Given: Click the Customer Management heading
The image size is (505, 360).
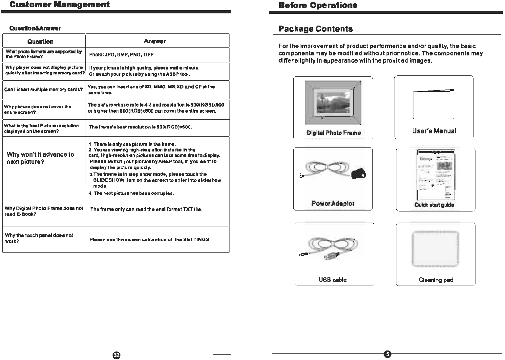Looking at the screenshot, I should pos(59,5).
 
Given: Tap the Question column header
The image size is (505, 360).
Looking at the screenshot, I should pos(40,42).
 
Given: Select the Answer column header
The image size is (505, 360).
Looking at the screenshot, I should pos(155,41).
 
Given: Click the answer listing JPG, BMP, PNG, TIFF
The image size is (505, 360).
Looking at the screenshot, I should pos(121,55).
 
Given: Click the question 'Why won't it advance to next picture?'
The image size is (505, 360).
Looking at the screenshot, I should pos(40,158).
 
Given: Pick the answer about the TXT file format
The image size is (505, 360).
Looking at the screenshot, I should pos(146,210).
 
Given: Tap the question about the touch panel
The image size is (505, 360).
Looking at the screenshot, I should pos(39,238).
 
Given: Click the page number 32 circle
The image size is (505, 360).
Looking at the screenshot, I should pos(116,355).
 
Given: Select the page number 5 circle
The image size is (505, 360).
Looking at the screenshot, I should pos(387,354).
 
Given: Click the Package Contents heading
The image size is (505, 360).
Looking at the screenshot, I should pos(316,29).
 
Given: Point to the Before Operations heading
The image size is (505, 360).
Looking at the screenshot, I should pos(318,5).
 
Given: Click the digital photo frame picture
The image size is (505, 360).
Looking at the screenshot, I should pos(333,103).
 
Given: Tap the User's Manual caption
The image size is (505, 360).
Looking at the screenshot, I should pos(434,131).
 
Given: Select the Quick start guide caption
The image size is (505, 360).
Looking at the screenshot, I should pos(434,205).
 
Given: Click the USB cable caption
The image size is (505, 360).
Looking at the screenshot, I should pos(332,280).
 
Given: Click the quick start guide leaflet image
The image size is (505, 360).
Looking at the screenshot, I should pos(436,175).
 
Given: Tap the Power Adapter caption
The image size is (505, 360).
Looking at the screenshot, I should pos(333,204).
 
